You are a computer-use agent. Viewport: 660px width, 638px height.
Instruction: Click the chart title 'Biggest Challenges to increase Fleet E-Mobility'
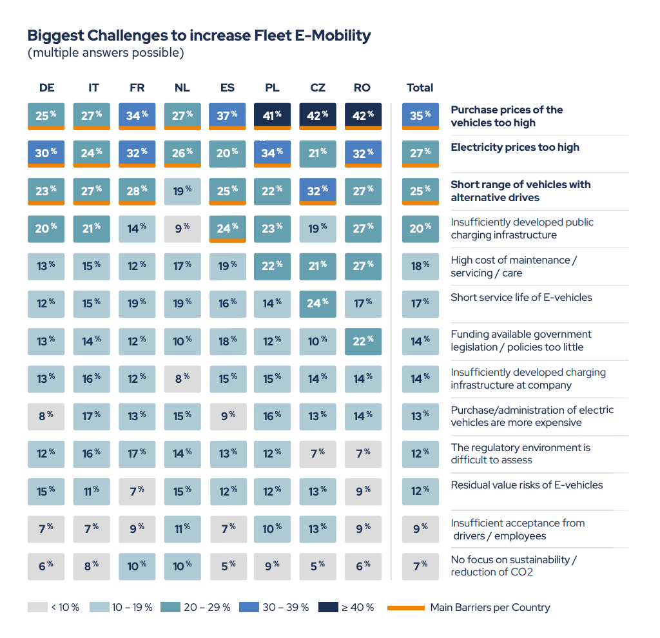click(x=199, y=35)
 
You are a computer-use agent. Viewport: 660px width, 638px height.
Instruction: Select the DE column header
click(x=46, y=88)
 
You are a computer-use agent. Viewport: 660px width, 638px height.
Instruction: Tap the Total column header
click(x=420, y=88)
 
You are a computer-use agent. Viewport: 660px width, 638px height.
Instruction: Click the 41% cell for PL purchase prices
click(x=273, y=116)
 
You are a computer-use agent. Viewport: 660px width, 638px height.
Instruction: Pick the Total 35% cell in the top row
click(x=420, y=116)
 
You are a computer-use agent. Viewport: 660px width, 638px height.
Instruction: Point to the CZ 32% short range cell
click(x=318, y=191)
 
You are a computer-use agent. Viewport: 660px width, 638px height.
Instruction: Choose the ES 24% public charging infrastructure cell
click(x=228, y=228)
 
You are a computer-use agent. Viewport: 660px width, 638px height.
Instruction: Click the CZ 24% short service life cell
click(x=318, y=304)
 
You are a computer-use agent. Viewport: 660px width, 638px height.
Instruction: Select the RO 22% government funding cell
click(x=363, y=341)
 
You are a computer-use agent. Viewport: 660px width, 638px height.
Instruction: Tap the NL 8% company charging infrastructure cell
click(x=182, y=378)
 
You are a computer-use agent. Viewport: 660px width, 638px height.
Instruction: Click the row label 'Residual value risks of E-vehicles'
click(x=527, y=485)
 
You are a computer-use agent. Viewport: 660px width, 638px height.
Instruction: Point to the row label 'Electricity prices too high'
click(x=514, y=148)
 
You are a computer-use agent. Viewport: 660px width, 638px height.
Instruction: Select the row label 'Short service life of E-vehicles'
click(x=521, y=298)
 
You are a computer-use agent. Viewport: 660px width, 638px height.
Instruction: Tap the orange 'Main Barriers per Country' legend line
click(x=405, y=608)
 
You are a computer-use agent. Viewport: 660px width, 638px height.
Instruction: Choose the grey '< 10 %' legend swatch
click(x=37, y=607)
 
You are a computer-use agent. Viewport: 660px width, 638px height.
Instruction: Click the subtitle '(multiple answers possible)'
click(x=106, y=53)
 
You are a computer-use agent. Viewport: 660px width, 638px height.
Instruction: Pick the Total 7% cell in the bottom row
click(x=420, y=566)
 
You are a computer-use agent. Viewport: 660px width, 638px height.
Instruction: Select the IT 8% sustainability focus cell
click(x=92, y=566)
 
